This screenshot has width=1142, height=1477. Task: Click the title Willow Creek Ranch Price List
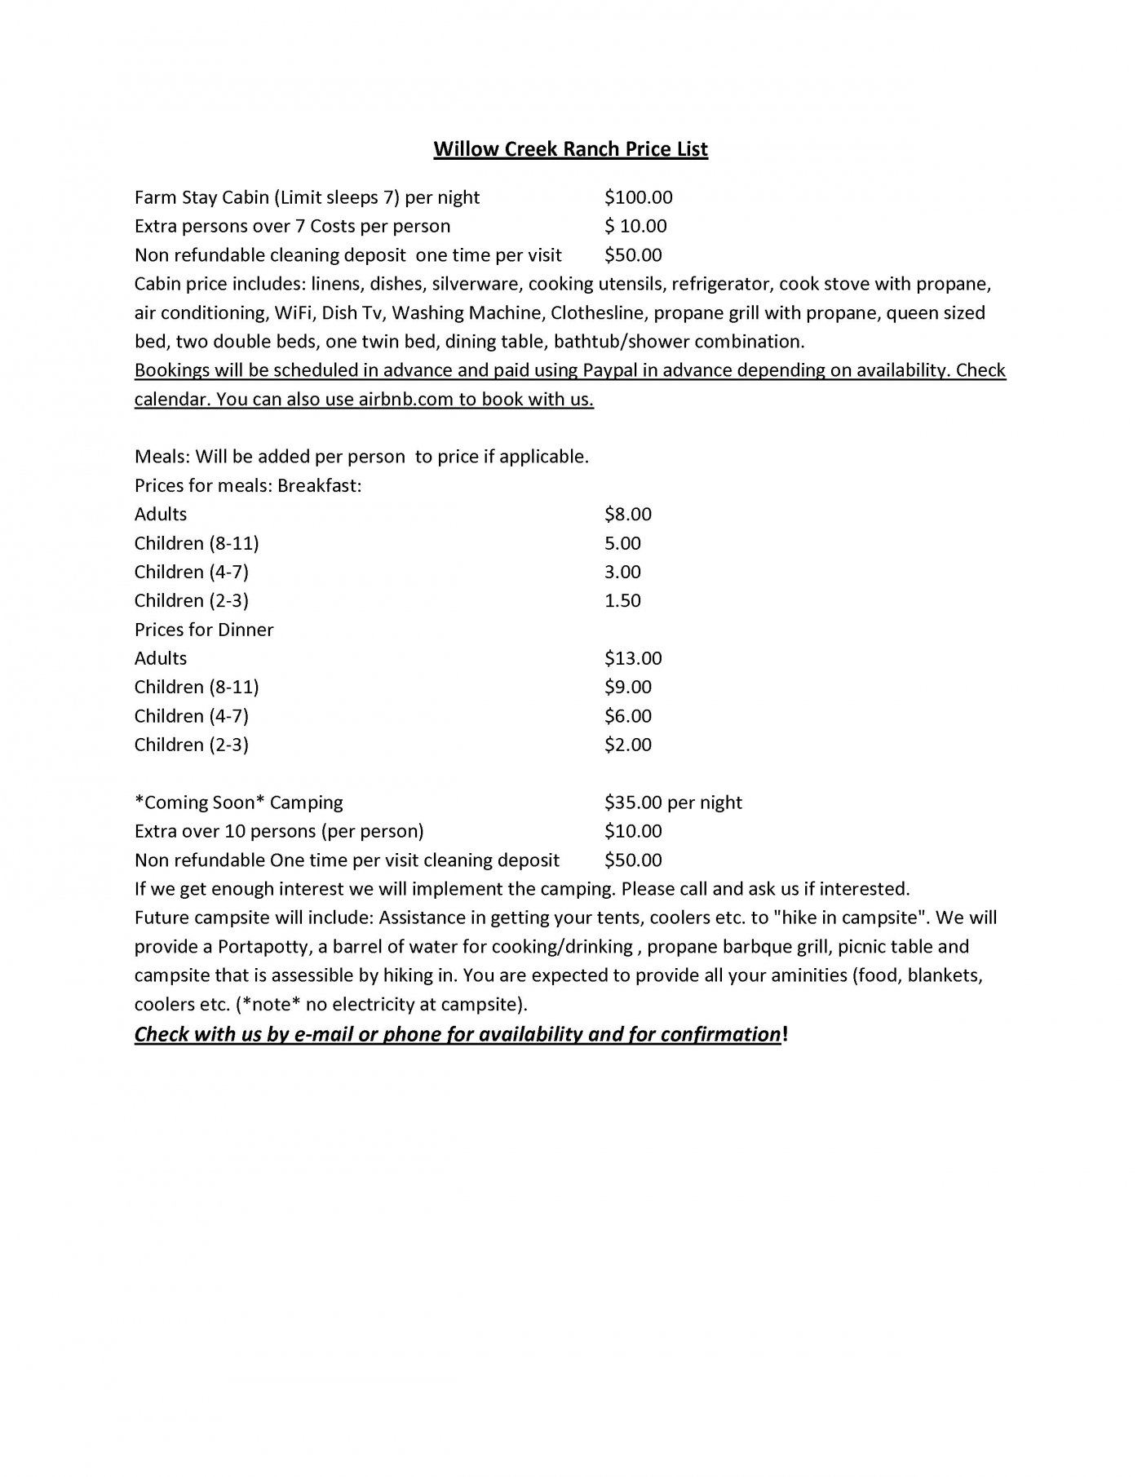click(x=570, y=149)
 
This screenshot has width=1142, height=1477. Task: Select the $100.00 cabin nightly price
click(x=638, y=197)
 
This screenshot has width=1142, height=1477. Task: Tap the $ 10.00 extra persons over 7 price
click(x=635, y=226)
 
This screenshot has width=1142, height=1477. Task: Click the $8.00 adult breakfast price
click(x=627, y=515)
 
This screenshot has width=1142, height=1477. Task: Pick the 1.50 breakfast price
click(x=622, y=601)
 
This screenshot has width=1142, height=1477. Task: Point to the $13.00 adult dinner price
click(x=633, y=659)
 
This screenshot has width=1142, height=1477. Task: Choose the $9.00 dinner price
click(x=627, y=688)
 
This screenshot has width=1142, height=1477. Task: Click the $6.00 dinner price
click(x=627, y=716)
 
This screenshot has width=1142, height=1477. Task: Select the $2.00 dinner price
click(x=627, y=745)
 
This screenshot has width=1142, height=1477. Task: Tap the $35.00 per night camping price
click(x=673, y=803)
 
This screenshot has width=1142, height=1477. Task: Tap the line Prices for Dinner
click(x=204, y=630)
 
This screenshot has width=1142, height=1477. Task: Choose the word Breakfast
click(x=319, y=486)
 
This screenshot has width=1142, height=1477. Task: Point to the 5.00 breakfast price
click(x=622, y=543)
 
